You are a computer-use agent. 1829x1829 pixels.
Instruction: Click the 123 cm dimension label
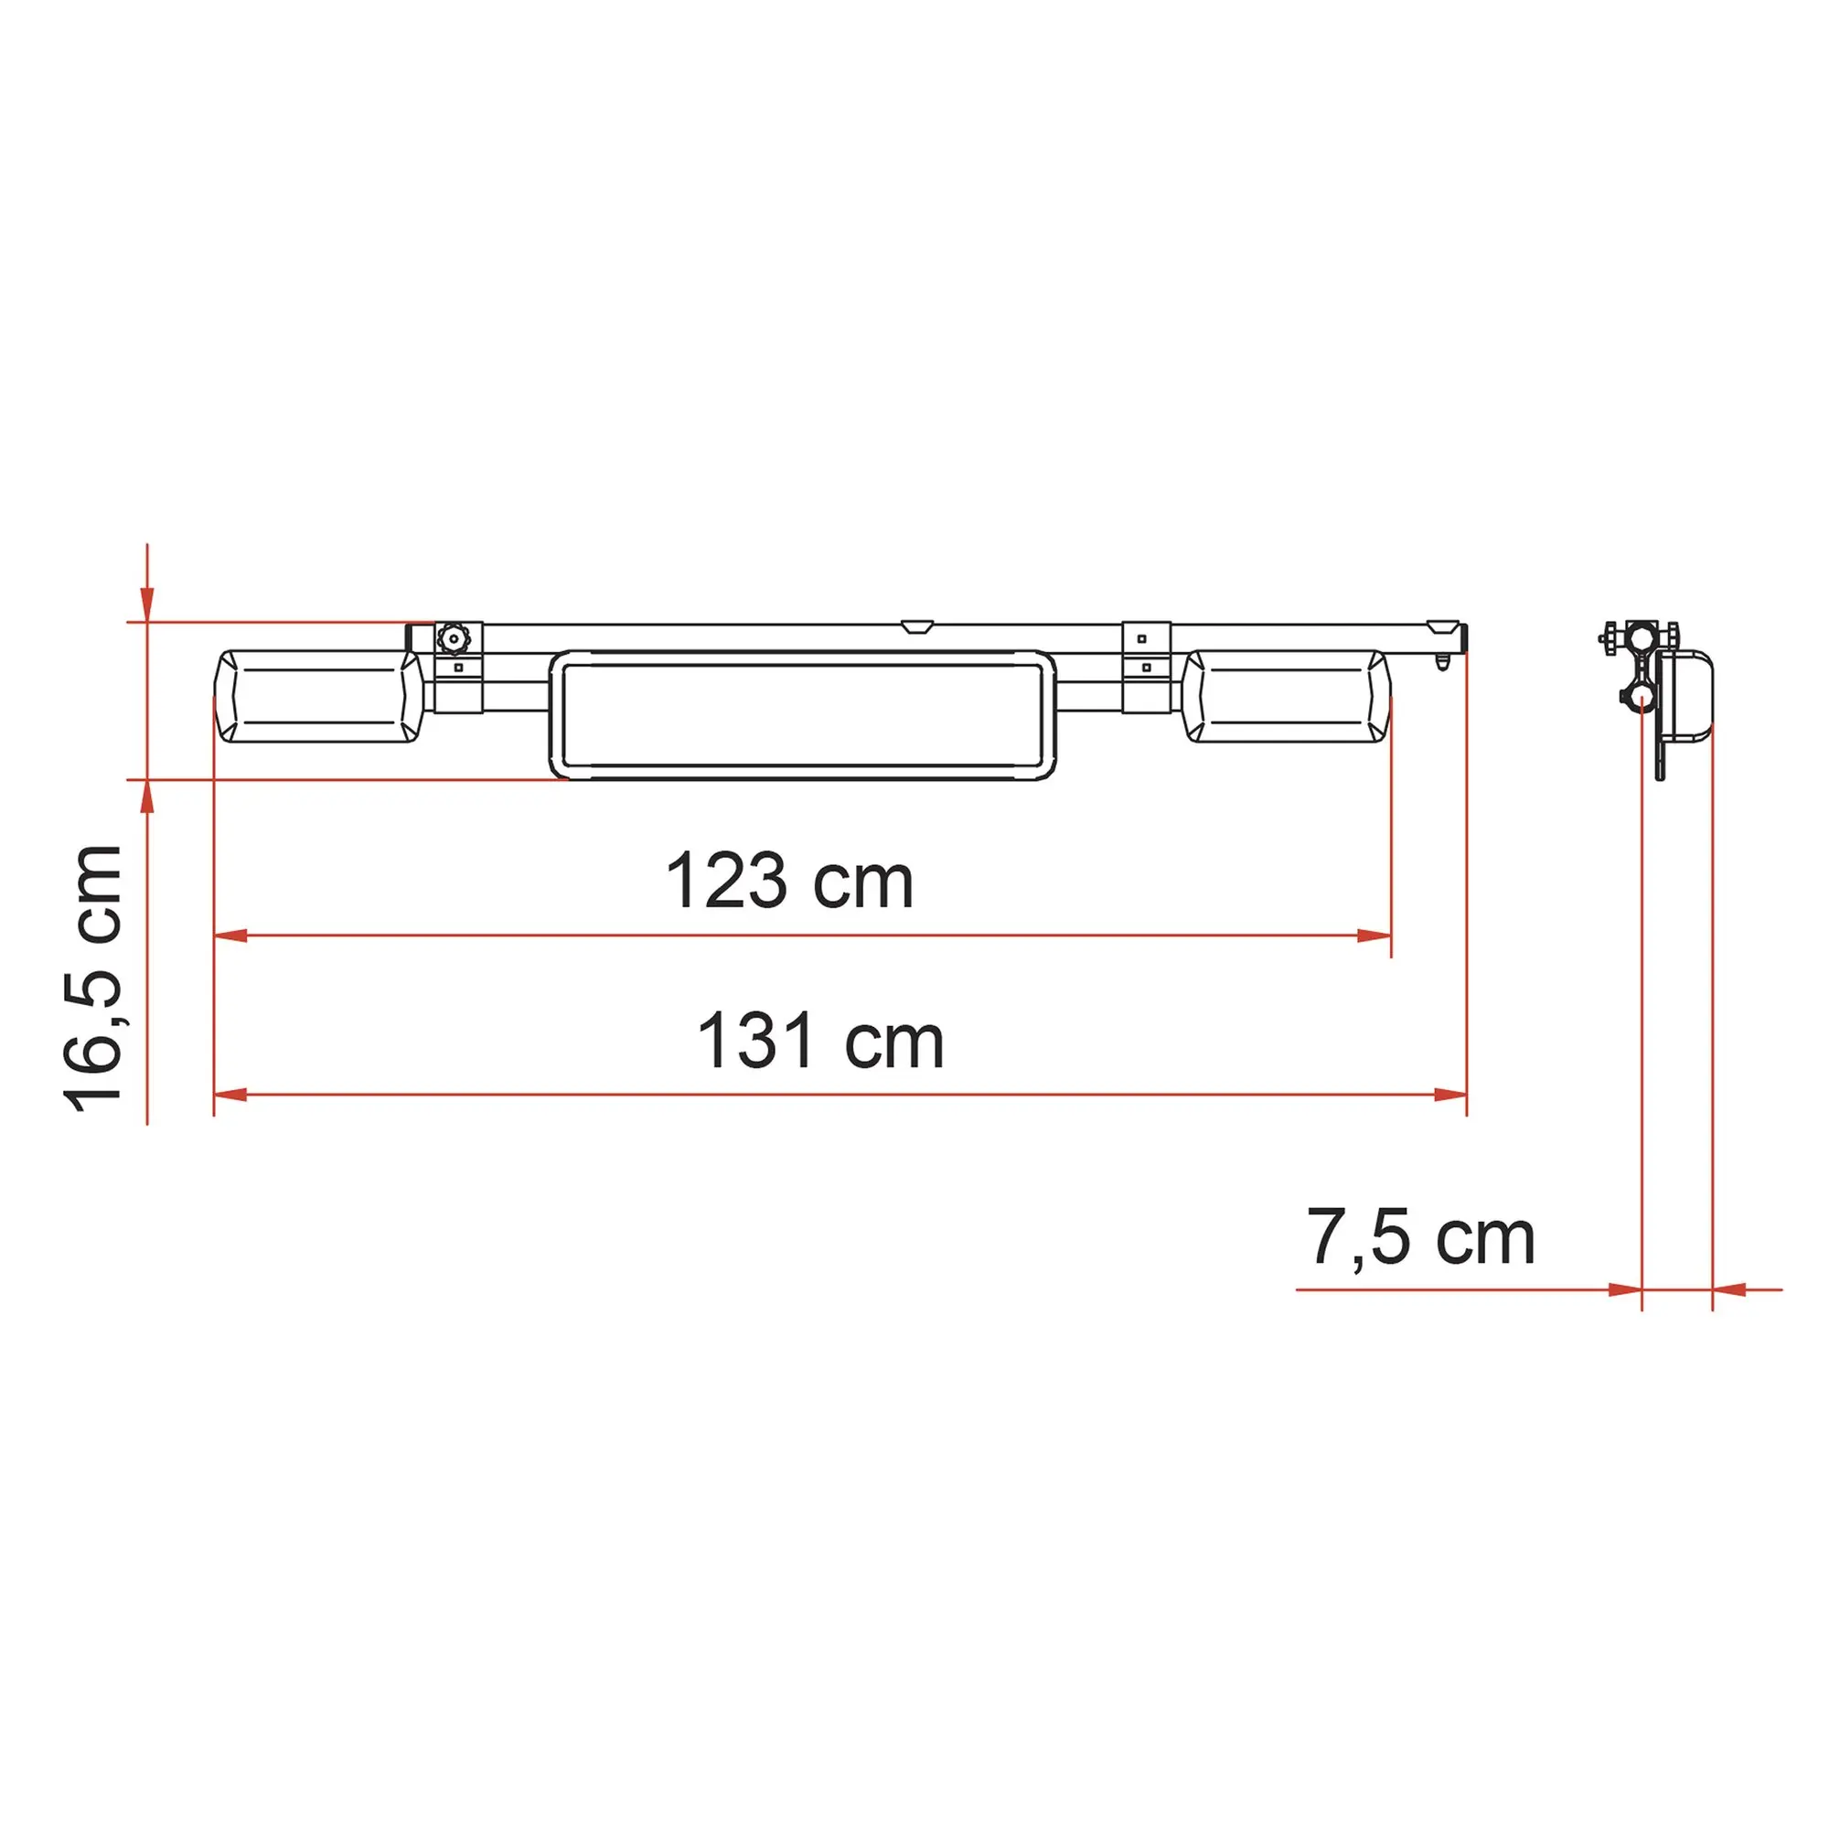(789, 882)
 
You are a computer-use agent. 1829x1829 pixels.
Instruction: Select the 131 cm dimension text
(819, 1042)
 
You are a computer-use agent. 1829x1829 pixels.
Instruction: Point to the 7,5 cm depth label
(1420, 1237)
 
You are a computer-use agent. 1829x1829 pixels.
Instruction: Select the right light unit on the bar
(1288, 696)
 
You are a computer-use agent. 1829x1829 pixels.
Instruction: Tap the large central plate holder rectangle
(802, 715)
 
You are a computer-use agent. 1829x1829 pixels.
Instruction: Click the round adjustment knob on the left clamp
(455, 639)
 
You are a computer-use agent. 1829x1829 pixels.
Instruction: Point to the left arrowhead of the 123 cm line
(231, 936)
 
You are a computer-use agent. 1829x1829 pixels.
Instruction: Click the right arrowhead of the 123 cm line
(1374, 936)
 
